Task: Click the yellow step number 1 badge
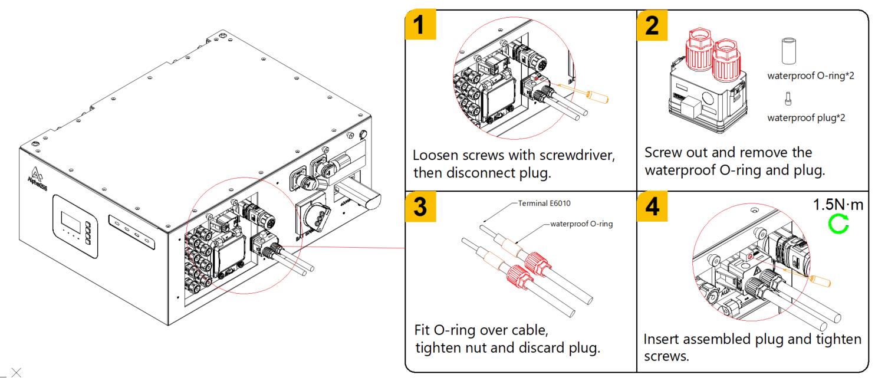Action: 420,25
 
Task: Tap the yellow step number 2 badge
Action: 652,25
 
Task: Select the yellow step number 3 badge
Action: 420,206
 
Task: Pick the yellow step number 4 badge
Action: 652,206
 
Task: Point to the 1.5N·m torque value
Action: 838,205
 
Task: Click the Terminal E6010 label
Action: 544,204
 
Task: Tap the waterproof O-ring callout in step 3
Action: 581,224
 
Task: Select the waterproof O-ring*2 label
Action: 811,76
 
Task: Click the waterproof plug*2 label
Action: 807,118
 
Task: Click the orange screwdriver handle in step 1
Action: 598,97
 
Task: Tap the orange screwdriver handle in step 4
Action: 821,281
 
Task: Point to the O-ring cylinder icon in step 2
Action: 788,51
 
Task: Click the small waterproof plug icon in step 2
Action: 788,99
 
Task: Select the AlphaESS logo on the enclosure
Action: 37,179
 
